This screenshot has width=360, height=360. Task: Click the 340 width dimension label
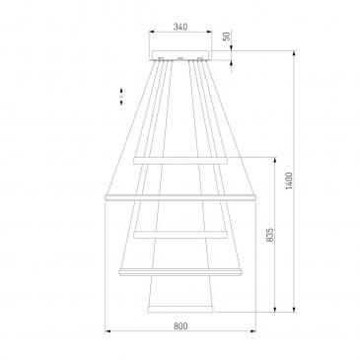(x=180, y=27)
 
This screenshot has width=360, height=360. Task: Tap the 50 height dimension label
(x=227, y=36)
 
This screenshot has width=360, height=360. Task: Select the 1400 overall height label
(x=289, y=180)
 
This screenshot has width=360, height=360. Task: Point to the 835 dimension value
(x=269, y=235)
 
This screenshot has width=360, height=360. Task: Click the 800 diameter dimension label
(x=180, y=325)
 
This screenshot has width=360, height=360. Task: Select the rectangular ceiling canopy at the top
(x=180, y=55)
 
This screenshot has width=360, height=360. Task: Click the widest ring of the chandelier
(x=180, y=197)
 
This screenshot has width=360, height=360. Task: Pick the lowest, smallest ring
(x=180, y=309)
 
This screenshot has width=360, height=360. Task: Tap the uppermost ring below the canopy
(x=180, y=161)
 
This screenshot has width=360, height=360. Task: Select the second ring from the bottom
(x=180, y=271)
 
